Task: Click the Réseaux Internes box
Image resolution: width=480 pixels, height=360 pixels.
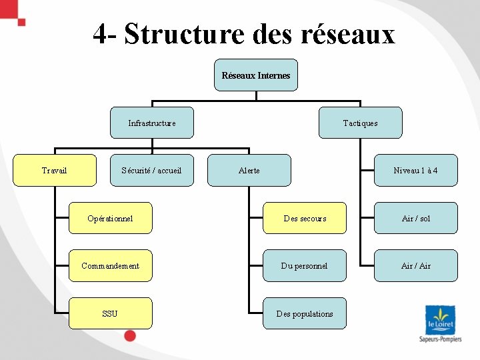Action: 256,75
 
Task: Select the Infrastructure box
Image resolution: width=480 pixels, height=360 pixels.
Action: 152,123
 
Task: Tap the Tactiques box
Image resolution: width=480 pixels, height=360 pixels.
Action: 360,123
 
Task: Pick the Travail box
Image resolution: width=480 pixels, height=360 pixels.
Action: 55,171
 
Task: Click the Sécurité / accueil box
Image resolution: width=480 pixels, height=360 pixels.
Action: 152,171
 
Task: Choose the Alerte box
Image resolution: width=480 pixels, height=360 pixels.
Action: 249,171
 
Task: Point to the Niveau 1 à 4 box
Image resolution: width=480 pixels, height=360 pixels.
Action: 415,171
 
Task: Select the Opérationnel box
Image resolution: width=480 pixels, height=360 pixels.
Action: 110,218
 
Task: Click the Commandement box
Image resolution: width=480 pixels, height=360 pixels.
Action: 110,266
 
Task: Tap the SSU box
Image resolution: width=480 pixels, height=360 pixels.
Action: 110,313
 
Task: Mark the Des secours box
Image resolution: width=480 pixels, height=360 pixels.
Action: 305,218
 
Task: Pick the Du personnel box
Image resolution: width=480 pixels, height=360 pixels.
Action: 305,266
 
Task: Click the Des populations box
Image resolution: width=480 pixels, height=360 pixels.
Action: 305,313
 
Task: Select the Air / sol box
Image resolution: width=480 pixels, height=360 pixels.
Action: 415,218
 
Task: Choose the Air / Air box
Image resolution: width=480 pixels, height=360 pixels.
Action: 415,266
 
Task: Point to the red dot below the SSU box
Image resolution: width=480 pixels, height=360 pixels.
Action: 130,336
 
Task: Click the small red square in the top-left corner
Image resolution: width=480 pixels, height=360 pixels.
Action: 21,22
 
